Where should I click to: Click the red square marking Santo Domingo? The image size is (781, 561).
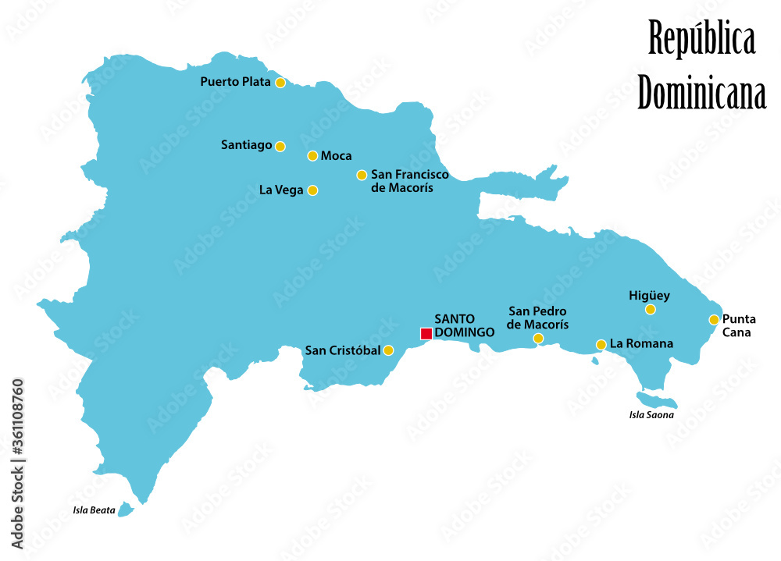click(x=426, y=334)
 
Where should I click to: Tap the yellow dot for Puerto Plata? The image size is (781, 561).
click(x=280, y=83)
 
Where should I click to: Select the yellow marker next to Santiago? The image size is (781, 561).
click(x=280, y=146)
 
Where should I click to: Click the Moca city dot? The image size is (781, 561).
click(x=312, y=156)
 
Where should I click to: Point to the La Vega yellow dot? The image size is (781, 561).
click(x=312, y=190)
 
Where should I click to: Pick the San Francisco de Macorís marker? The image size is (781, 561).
click(x=362, y=176)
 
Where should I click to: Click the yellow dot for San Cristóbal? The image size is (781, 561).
click(x=388, y=351)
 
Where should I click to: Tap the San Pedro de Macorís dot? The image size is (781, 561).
click(x=538, y=338)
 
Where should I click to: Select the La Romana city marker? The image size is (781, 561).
click(x=601, y=344)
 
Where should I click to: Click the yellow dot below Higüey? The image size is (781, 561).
click(x=650, y=310)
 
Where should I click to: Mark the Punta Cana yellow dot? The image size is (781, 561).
click(x=714, y=319)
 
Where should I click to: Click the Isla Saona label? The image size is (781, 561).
click(x=651, y=415)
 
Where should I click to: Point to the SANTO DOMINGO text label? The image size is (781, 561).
click(x=464, y=325)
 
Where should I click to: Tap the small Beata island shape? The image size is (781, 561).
click(x=126, y=511)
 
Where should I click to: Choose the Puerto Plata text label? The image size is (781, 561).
click(x=235, y=81)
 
